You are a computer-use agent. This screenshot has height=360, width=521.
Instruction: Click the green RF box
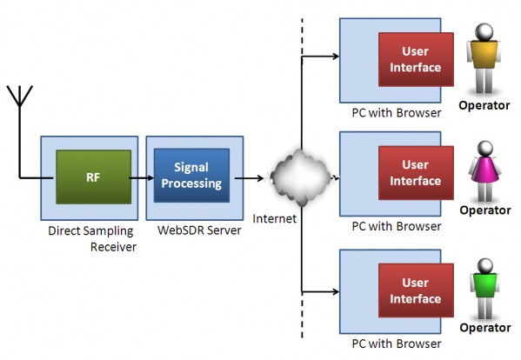click(x=93, y=177)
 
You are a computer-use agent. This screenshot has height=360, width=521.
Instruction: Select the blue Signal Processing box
click(x=191, y=175)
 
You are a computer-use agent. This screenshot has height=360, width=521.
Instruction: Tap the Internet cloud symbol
click(x=301, y=177)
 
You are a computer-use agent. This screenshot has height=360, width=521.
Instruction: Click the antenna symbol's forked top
click(x=20, y=96)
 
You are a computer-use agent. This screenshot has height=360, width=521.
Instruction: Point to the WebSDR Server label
click(x=199, y=230)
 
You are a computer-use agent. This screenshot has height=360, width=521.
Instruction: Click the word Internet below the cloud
click(x=275, y=218)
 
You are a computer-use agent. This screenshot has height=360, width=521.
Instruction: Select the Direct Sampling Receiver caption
click(x=92, y=239)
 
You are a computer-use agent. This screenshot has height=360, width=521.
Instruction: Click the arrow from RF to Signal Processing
click(x=142, y=178)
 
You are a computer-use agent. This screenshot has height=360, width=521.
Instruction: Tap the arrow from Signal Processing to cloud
click(x=250, y=178)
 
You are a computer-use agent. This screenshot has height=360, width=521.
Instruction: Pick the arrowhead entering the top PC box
click(x=336, y=57)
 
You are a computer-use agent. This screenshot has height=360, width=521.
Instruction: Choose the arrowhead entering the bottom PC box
click(x=336, y=291)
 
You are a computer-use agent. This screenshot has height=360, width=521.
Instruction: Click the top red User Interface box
click(x=416, y=59)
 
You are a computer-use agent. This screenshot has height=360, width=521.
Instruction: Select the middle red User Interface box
click(x=416, y=173)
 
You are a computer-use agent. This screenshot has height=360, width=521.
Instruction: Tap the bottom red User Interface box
click(x=416, y=290)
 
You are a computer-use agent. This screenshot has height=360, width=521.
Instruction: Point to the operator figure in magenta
click(x=484, y=171)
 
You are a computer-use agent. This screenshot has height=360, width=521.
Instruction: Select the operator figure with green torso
click(x=484, y=289)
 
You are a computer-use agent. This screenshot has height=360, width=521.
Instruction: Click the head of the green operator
click(x=485, y=266)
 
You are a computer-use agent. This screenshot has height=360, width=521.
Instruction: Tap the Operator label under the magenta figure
click(x=485, y=210)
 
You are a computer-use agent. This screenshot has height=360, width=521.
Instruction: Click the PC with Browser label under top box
click(x=397, y=113)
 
